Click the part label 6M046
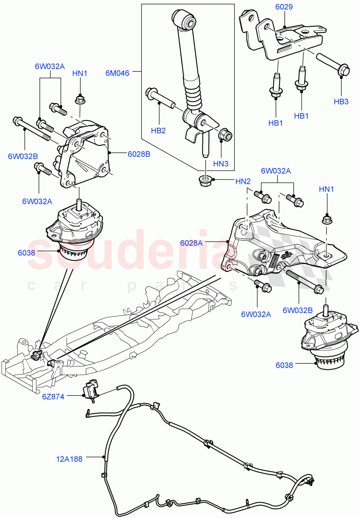pyautogui.click(x=117, y=73)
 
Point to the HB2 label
pyautogui.click(x=158, y=131)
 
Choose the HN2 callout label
pyautogui.click(x=243, y=181)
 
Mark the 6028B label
pyautogui.click(x=139, y=154)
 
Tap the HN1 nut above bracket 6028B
pyautogui.click(x=79, y=100)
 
